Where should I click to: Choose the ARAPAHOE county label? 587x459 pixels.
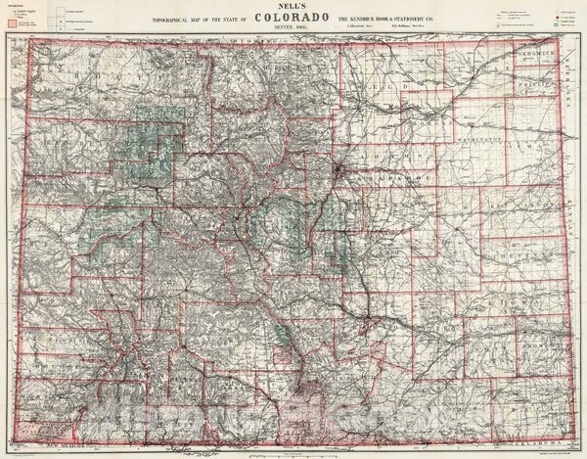391,181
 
